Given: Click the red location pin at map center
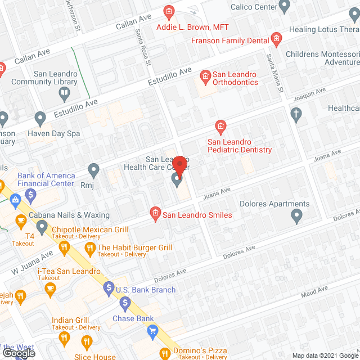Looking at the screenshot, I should tap(180, 166).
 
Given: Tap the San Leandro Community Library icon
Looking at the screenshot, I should tap(65, 92).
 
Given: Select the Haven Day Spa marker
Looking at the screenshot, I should tap(40, 119).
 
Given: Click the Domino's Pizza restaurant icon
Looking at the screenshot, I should tap(165, 353).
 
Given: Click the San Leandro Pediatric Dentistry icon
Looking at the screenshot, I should tap(221, 126).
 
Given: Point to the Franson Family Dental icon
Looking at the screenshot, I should tap(276, 39).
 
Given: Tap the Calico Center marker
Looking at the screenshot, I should tap(285, 7).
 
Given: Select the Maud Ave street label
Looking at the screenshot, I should tap(314, 290).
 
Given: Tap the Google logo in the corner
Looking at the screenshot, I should tap(18, 353).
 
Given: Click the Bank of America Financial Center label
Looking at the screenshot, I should tap(46, 179).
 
